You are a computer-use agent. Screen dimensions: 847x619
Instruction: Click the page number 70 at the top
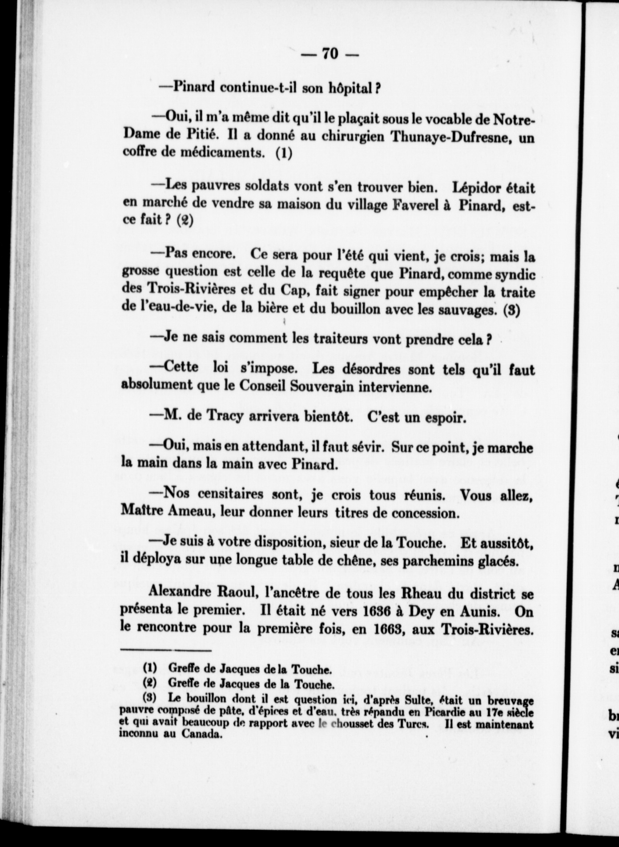pyautogui.click(x=330, y=53)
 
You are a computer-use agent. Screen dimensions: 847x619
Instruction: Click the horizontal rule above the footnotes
pyautogui.click(x=165, y=651)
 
